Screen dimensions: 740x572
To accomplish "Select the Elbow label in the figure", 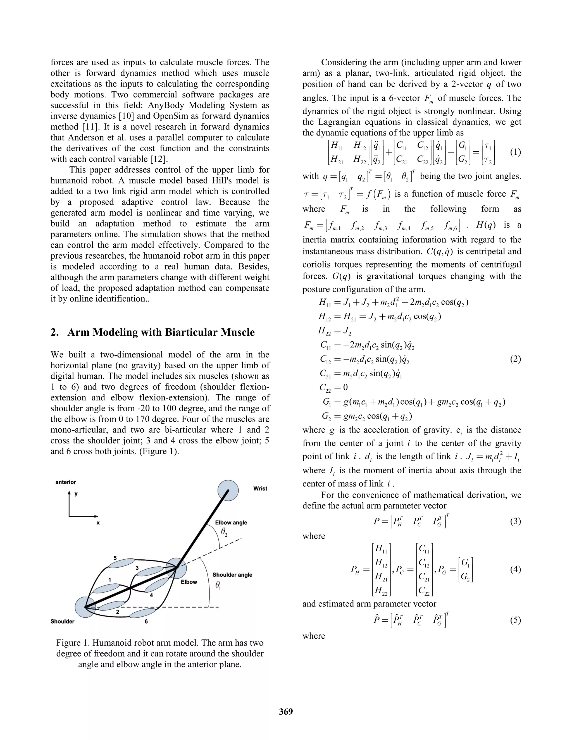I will pyautogui.click(x=189, y=581).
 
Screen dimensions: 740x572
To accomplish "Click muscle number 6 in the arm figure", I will pyautogui.click(x=143, y=613).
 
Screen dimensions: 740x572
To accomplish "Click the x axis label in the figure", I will pyautogui.click(x=98, y=523).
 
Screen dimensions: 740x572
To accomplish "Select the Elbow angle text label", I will pyautogui.click(x=231, y=522).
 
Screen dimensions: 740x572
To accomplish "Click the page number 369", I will pyautogui.click(x=286, y=711).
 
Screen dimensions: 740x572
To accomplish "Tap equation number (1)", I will pyautogui.click(x=515, y=152).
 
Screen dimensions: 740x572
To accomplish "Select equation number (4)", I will pyautogui.click(x=515, y=569).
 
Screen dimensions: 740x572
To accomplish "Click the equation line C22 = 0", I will pyautogui.click(x=333, y=387).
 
